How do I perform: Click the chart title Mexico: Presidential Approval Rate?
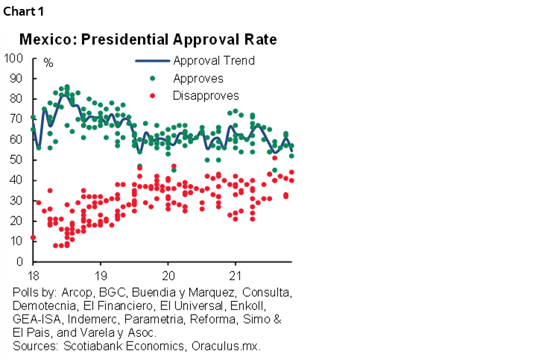point(148,39)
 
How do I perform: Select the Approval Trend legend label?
point(214,60)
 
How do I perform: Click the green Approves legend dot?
point(153,78)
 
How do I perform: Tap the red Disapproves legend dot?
point(153,95)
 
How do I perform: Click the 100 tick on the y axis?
point(13,57)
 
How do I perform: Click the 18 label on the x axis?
point(33,273)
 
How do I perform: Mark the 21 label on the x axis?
point(236,273)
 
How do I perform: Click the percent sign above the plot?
point(48,63)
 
